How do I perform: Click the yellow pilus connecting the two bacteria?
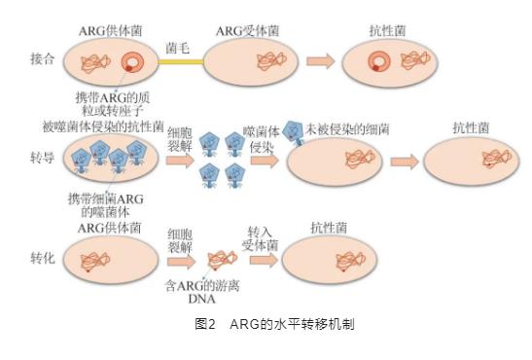(x=181, y=62)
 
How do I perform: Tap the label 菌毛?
(x=177, y=48)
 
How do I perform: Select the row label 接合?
(x=43, y=59)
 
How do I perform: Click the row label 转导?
(x=43, y=158)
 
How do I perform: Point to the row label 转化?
(x=43, y=258)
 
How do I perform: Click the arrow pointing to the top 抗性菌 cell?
(x=321, y=61)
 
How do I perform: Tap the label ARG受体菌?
(x=248, y=31)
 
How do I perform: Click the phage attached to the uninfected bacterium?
(x=293, y=132)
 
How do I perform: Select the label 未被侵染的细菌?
(x=347, y=129)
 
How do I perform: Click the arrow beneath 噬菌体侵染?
(x=265, y=161)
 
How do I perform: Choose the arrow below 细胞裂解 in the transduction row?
(x=180, y=161)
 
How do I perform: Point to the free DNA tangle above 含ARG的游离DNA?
(x=222, y=260)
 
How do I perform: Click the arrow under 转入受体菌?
(x=264, y=261)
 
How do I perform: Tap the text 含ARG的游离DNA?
(x=202, y=292)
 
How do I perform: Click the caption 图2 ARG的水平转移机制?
(x=274, y=324)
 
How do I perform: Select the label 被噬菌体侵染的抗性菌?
(x=103, y=126)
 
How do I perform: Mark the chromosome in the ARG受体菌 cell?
(x=272, y=61)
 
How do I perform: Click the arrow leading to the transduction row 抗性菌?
(x=405, y=162)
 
